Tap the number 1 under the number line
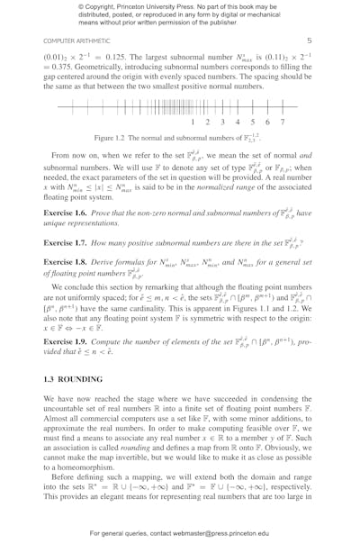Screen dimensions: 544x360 193,122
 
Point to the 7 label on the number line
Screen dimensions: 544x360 282,122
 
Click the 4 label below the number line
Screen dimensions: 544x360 238,122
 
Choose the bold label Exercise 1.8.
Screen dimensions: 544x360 67,262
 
